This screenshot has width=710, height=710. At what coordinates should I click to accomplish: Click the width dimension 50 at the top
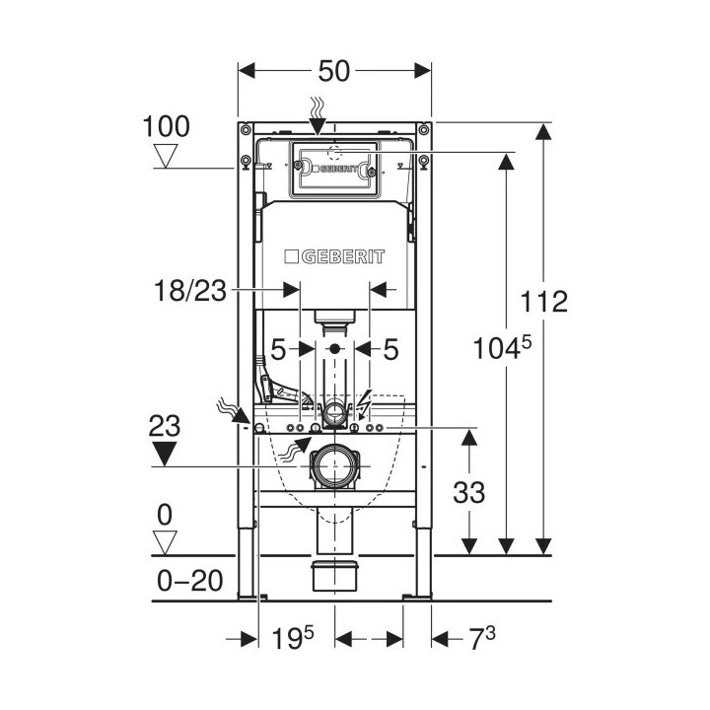point(335,71)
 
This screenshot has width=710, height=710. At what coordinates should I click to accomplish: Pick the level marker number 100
point(166,126)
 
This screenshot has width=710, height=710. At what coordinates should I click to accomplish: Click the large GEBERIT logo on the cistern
point(334,257)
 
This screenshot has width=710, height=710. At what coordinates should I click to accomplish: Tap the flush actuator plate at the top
point(334,169)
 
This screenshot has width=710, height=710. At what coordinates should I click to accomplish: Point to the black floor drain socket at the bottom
point(334,576)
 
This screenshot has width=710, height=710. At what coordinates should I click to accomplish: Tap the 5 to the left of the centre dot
point(280,349)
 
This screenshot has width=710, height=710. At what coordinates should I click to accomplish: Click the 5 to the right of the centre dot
point(390,349)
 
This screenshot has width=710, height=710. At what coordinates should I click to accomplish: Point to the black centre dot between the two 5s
point(335,349)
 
